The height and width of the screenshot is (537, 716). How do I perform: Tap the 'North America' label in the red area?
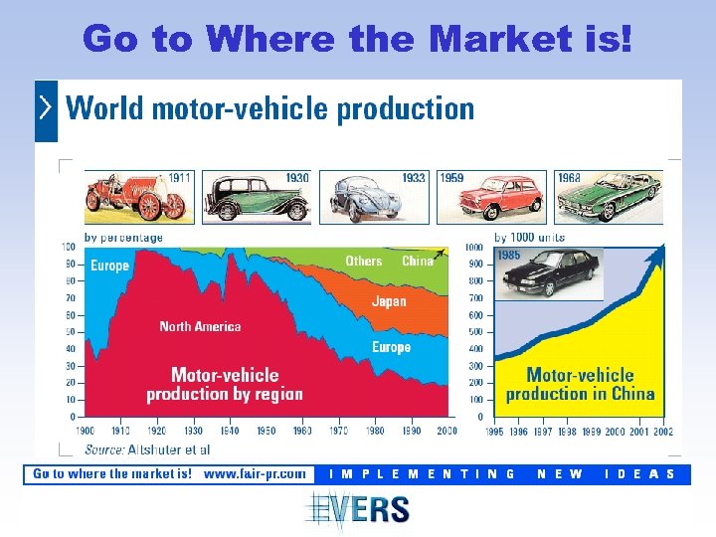(200, 326)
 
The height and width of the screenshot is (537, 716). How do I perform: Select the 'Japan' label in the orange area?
(389, 301)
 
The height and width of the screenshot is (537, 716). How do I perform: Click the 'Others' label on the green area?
(363, 261)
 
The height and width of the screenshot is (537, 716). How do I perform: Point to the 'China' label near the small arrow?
(417, 261)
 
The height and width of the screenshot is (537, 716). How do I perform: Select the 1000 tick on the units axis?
(474, 247)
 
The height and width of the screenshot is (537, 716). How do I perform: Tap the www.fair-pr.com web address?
(255, 473)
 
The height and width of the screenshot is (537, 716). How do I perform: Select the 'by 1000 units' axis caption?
(529, 238)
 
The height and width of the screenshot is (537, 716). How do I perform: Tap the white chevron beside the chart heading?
(46, 108)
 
